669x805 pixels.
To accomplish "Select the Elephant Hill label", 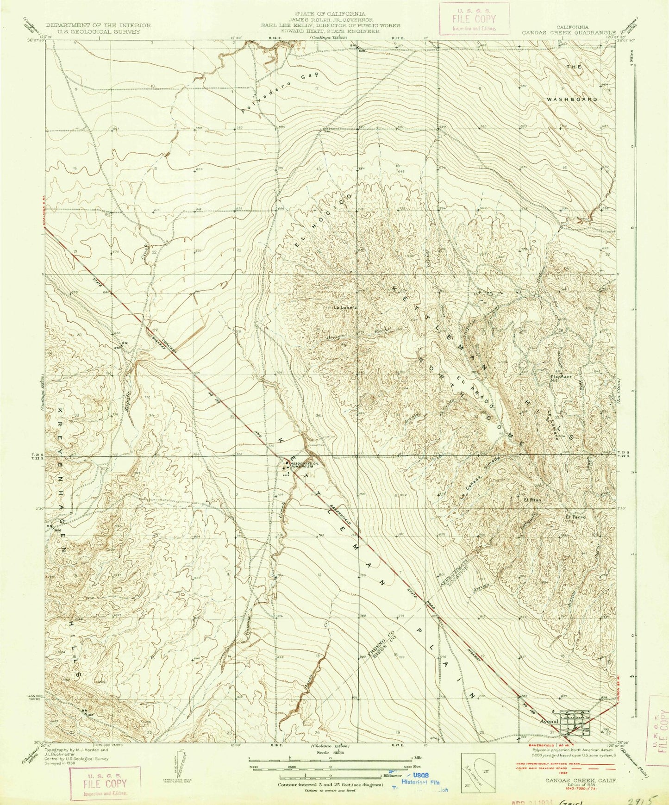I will (x=562, y=377).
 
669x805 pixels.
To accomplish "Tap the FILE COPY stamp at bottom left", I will (x=104, y=784).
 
